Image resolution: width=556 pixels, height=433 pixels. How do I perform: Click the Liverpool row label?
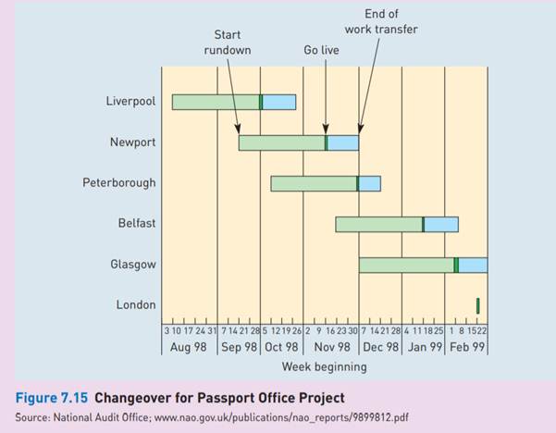pos(130,101)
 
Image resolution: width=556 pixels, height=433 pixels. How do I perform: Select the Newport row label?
pos(133,142)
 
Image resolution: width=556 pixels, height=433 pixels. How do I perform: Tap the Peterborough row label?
pos(118,182)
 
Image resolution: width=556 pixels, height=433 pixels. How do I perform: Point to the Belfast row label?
pos(136,223)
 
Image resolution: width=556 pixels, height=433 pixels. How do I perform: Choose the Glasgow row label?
pos(133,264)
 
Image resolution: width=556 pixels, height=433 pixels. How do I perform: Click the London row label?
pos(136,304)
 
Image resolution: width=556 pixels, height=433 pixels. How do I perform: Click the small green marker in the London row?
pos(477,304)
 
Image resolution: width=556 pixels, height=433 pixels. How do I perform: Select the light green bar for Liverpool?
pos(216,102)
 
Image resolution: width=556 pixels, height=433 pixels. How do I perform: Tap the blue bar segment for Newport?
pos(342,142)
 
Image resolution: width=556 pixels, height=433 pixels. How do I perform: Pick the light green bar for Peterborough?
pos(314,183)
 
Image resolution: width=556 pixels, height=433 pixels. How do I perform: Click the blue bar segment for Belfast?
pos(440,224)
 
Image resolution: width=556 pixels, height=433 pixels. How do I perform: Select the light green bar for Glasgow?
pos(406,265)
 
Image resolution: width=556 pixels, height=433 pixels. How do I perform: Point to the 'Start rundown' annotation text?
pos(227,43)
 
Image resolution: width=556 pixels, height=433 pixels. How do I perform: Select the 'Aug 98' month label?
pos(189,347)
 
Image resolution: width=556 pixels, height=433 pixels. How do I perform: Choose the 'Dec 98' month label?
pos(380,347)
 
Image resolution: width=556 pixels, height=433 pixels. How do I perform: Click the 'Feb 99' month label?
pos(466,347)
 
